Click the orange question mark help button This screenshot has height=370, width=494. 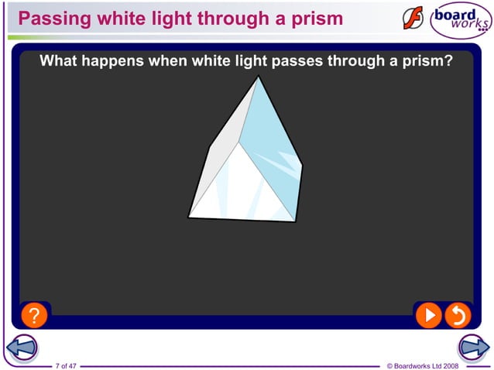tap(34, 315)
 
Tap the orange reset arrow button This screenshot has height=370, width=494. tap(458, 314)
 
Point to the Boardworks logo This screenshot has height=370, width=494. tap(461, 20)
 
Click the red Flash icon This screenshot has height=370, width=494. tap(413, 19)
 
